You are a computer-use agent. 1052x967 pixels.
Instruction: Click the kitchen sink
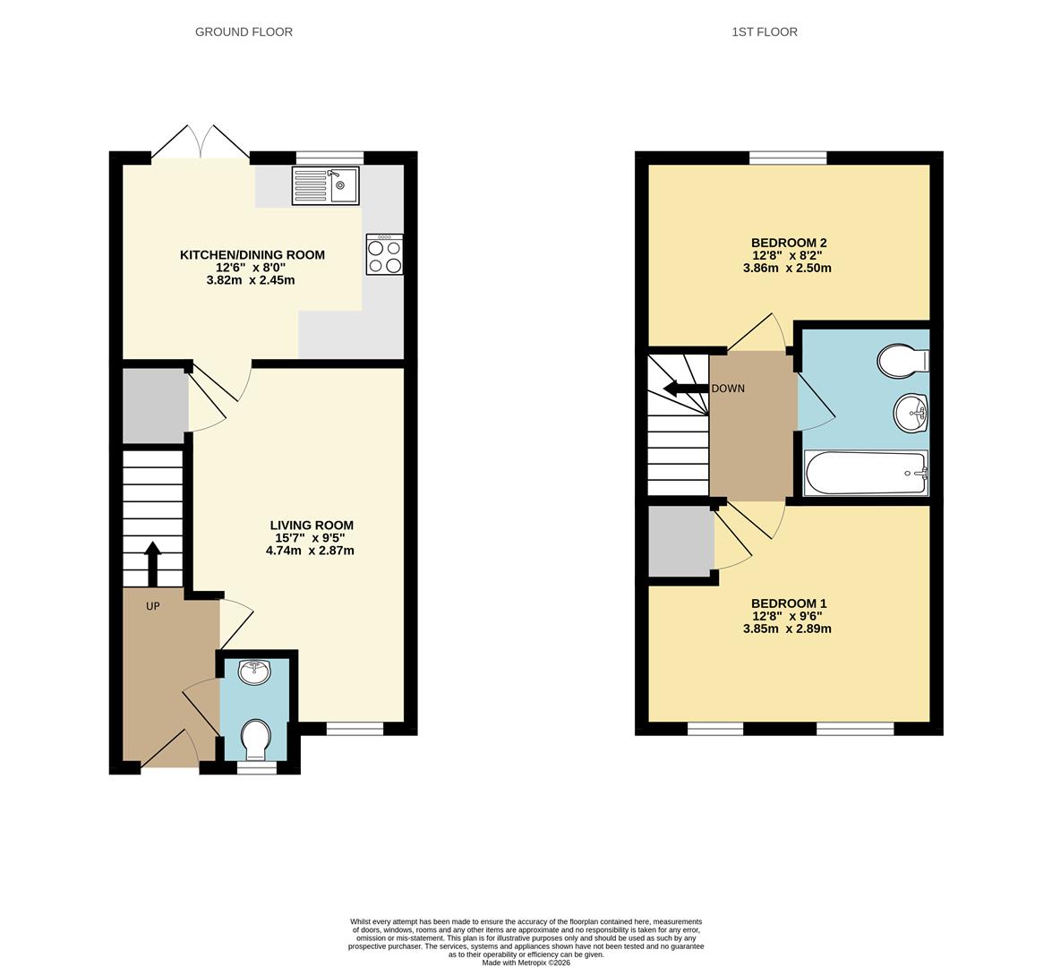tap(325, 185)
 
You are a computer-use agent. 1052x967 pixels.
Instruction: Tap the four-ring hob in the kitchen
tap(385, 254)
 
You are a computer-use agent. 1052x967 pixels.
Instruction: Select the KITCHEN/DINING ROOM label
tap(252, 255)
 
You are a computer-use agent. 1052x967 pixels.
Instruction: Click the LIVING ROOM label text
tap(311, 526)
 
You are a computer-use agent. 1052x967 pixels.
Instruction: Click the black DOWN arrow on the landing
tap(685, 389)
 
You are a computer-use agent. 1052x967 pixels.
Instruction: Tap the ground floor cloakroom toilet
tap(256, 738)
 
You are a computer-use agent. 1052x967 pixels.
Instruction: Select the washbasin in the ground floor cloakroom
tap(255, 672)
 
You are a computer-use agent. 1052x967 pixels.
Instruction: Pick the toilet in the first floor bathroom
tap(902, 361)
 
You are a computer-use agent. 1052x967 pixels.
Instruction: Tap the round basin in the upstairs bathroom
tap(911, 414)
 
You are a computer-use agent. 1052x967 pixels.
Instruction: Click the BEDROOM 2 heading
tap(788, 243)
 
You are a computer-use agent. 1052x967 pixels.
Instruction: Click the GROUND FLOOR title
tap(244, 31)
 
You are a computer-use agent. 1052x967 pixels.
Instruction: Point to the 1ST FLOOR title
tap(764, 31)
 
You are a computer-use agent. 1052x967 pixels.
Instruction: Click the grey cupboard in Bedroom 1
tap(680, 542)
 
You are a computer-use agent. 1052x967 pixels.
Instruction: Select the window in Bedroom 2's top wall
tap(788, 158)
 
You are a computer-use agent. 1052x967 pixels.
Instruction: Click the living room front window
tap(355, 729)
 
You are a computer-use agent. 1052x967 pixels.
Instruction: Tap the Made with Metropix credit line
tap(526, 963)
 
